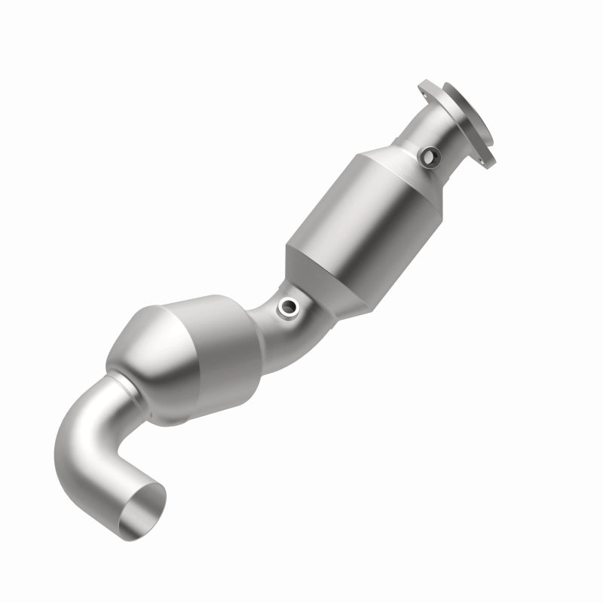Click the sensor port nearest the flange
431,157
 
